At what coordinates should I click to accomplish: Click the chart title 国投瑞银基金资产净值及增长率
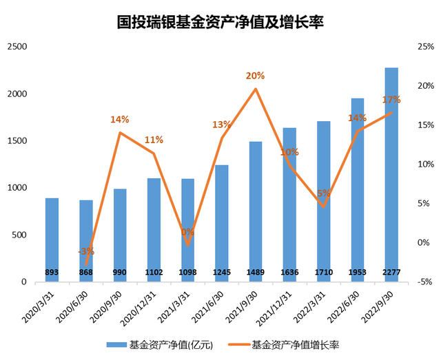[x=220, y=22]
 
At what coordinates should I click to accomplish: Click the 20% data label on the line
[x=256, y=76]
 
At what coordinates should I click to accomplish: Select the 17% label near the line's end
[x=391, y=100]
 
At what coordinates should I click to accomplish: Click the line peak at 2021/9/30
[x=256, y=89]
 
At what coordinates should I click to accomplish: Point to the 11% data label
[x=154, y=140]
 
